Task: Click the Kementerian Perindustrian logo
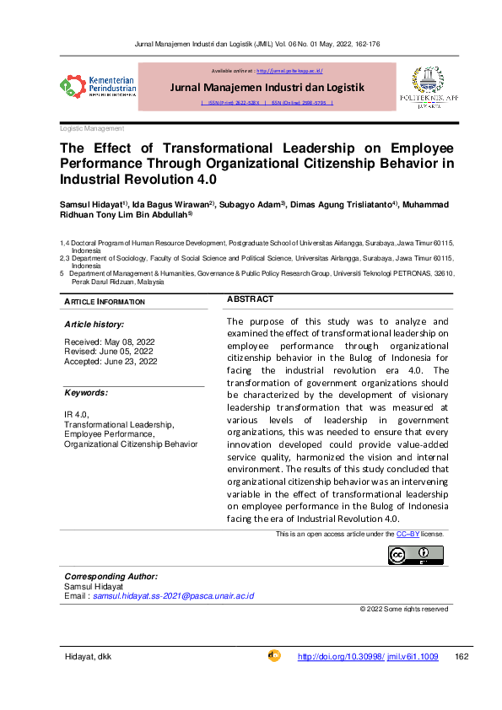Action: coord(95,86)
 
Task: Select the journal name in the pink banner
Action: coord(267,87)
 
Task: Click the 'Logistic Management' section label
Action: coord(93,128)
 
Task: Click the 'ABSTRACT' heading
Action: coord(250,299)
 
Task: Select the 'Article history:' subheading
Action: coord(94,324)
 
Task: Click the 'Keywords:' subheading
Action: coord(86,393)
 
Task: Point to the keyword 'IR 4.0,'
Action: coord(77,413)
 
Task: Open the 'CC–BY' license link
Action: coord(408,535)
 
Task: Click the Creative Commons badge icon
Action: coord(415,555)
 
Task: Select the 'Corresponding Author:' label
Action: coord(111,577)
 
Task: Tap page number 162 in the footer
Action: coord(461,657)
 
